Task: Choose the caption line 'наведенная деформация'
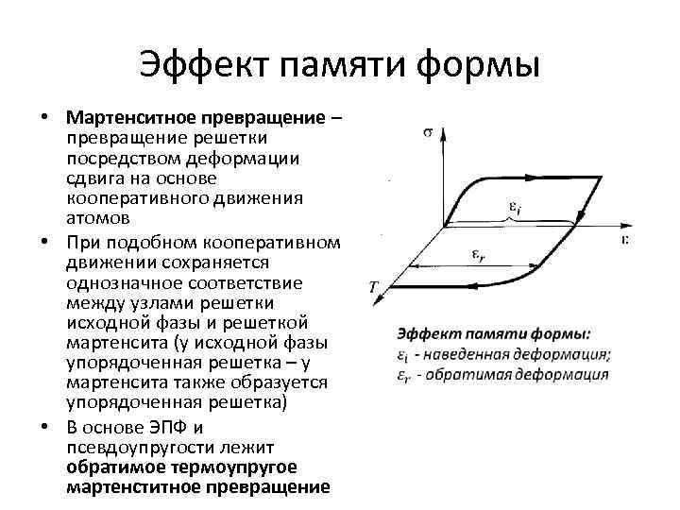(x=515, y=354)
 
